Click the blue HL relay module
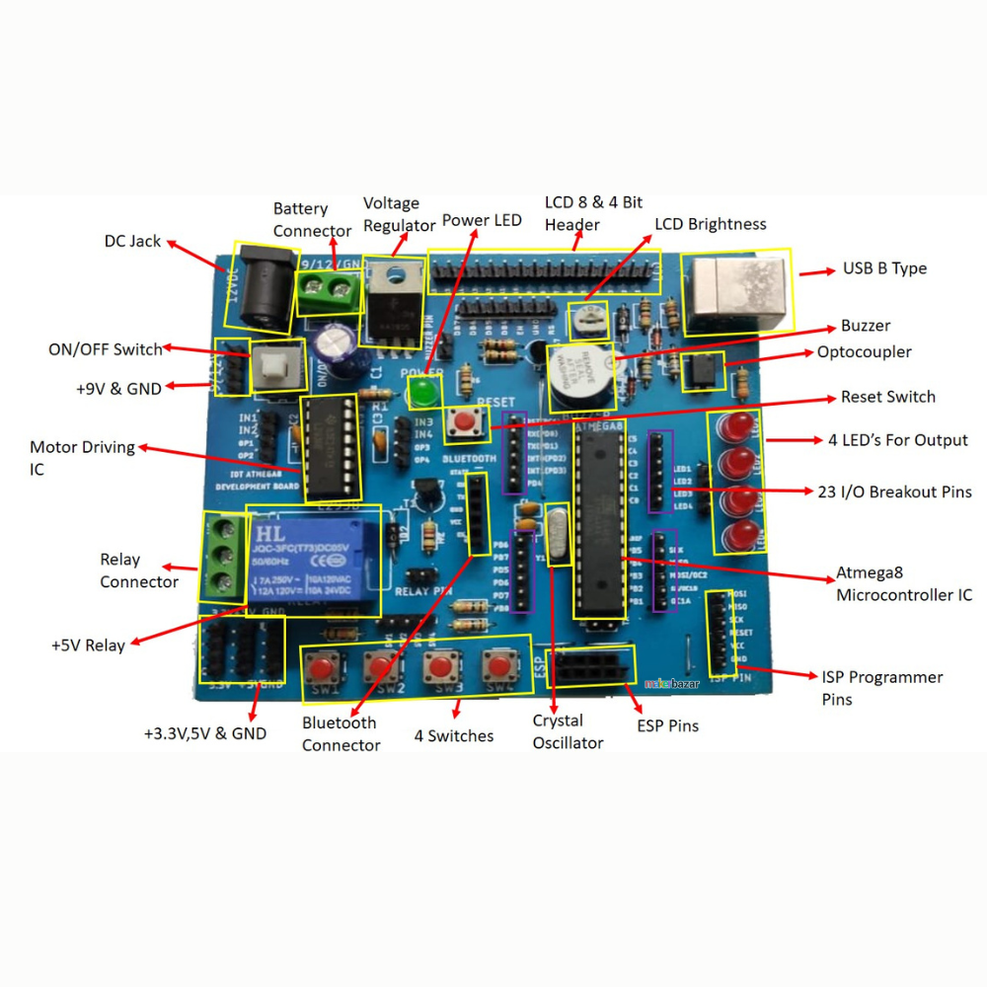click(x=314, y=561)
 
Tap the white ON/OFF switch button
click(x=273, y=369)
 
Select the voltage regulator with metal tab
click(x=393, y=301)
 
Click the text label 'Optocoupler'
click(x=864, y=352)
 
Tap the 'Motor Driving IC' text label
click(x=82, y=458)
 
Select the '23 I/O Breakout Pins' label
click(x=894, y=492)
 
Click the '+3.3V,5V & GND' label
click(x=205, y=733)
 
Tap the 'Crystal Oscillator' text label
click(x=568, y=731)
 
